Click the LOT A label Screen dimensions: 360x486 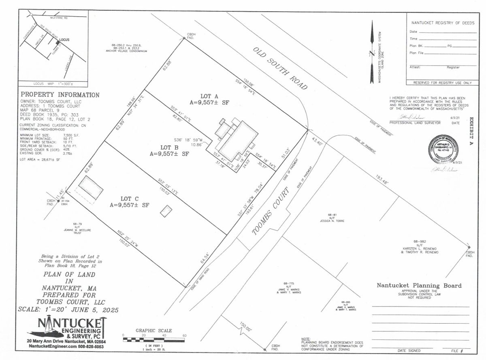[209, 96]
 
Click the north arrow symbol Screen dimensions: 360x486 [372, 53]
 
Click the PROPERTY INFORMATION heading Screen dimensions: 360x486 [60, 95]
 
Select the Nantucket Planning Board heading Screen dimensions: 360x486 [419, 285]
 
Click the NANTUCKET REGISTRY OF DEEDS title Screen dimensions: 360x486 [441, 23]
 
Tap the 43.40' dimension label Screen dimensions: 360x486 [318, 143]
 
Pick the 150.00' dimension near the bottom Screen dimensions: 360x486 [244, 326]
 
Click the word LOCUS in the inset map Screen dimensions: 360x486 [65, 40]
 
